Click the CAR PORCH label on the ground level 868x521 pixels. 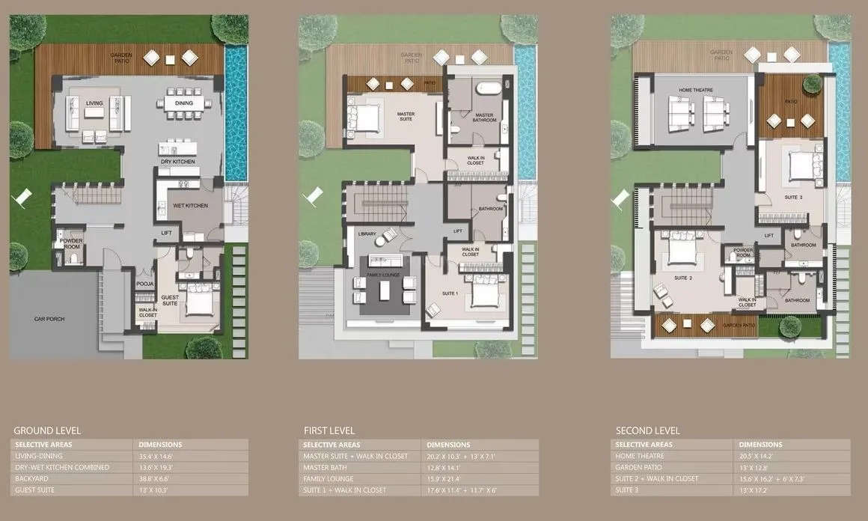tap(49, 319)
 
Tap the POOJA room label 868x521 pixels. tap(145, 284)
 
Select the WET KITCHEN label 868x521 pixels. tap(193, 205)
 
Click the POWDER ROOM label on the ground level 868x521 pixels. tap(71, 243)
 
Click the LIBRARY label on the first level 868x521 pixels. tap(367, 234)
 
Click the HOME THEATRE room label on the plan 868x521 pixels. tap(696, 90)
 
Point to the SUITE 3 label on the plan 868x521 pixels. tap(792, 198)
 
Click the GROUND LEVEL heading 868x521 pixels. tap(46, 430)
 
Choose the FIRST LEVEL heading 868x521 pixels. tap(329, 430)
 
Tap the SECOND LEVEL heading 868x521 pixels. tap(648, 430)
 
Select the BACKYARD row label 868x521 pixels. tap(34, 478)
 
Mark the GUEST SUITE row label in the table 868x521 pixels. tap(37, 490)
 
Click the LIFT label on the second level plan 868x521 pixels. tap(768, 236)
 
